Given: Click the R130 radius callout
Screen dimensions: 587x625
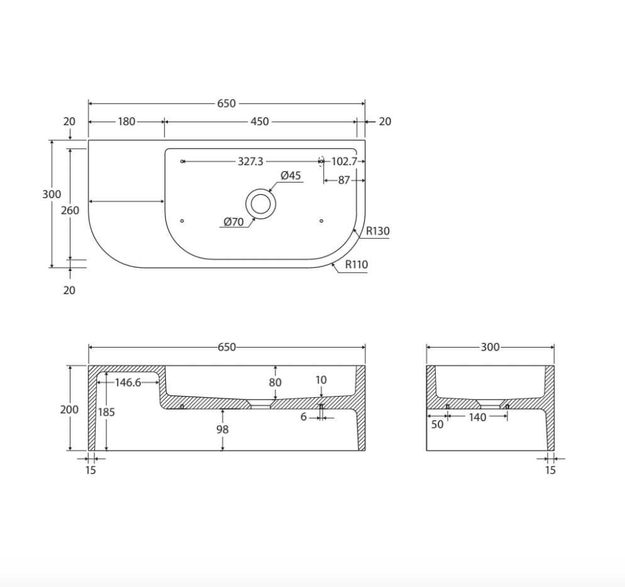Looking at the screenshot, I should (x=377, y=231).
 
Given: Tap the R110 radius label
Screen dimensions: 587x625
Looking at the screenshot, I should (x=356, y=265).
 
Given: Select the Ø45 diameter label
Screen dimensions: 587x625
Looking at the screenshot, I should (x=290, y=176).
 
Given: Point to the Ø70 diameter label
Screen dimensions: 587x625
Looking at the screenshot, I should (x=233, y=221).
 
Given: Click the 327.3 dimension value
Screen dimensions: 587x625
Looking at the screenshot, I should (x=250, y=162).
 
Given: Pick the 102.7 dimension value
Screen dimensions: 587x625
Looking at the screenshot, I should (x=343, y=162).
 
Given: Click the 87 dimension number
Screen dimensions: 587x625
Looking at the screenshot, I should (x=344, y=180).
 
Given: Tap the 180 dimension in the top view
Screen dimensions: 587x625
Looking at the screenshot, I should (x=126, y=121).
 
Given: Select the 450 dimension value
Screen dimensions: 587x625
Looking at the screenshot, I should (x=259, y=121).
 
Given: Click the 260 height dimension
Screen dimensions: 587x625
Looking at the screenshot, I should (x=70, y=211).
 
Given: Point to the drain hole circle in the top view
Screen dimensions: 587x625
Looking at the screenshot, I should (x=259, y=203).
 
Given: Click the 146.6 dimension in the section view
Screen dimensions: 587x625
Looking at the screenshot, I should (x=128, y=382).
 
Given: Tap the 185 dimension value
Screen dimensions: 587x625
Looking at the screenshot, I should (x=107, y=412).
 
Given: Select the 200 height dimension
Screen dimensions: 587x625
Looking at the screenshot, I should (x=69, y=409).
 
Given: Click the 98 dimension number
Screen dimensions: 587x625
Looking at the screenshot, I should (x=222, y=429).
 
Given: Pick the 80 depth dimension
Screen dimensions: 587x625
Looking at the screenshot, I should (x=275, y=382).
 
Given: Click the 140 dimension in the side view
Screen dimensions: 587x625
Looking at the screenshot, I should (x=477, y=417).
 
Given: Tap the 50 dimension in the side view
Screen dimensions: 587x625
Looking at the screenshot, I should (x=437, y=424).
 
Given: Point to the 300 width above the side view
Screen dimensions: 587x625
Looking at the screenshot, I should (x=490, y=347).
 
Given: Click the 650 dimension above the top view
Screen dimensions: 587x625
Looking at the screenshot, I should (x=226, y=104).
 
